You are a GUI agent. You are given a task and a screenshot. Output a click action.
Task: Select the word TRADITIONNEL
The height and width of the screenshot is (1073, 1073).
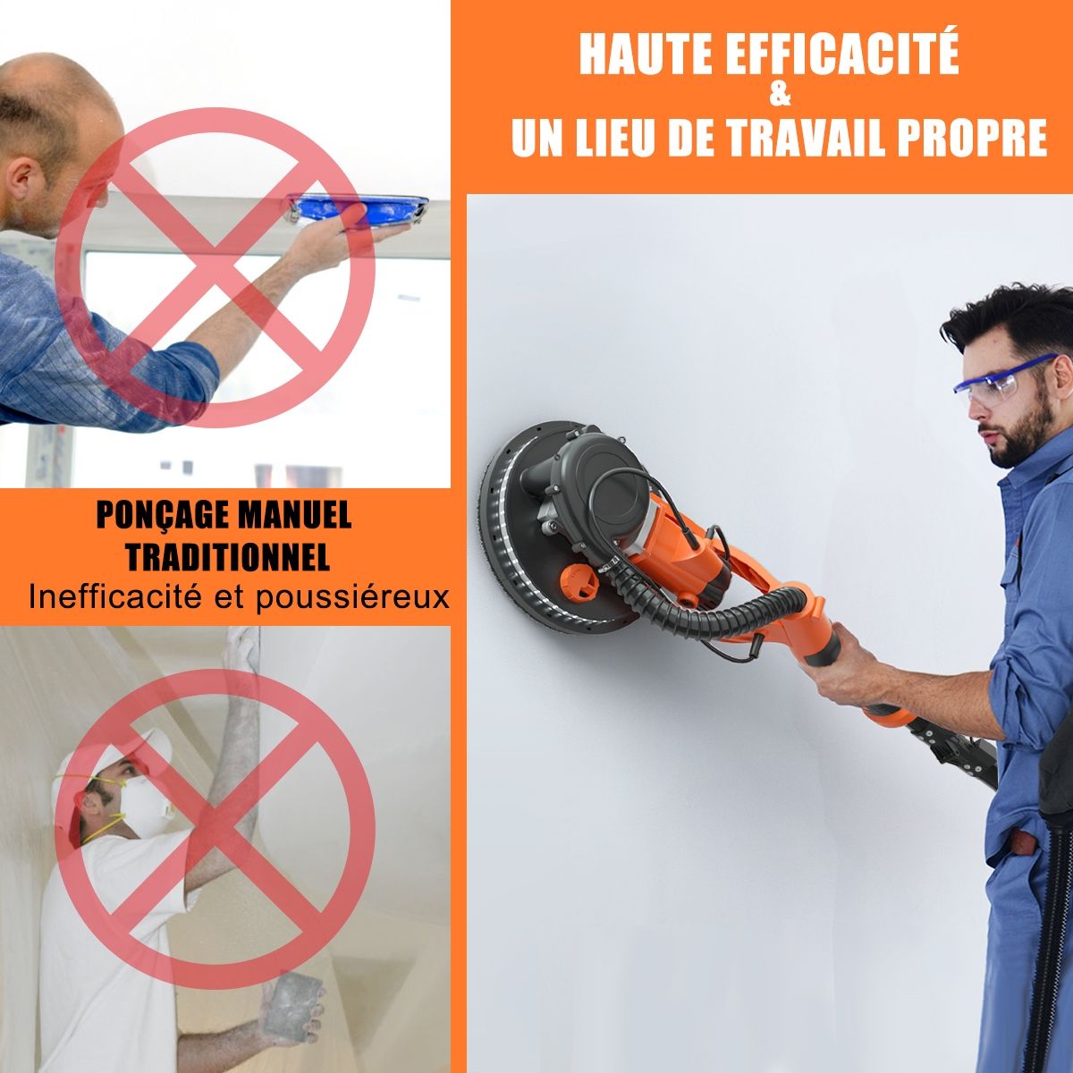(227, 557)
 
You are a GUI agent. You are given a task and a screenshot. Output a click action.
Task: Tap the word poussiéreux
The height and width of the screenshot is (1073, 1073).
(352, 597)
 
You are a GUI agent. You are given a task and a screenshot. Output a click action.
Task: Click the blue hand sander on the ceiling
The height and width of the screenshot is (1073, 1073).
(358, 209)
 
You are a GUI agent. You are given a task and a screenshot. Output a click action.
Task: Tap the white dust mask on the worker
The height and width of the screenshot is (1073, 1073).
(141, 803)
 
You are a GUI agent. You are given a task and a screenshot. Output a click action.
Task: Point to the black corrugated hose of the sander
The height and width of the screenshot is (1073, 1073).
(733, 617)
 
